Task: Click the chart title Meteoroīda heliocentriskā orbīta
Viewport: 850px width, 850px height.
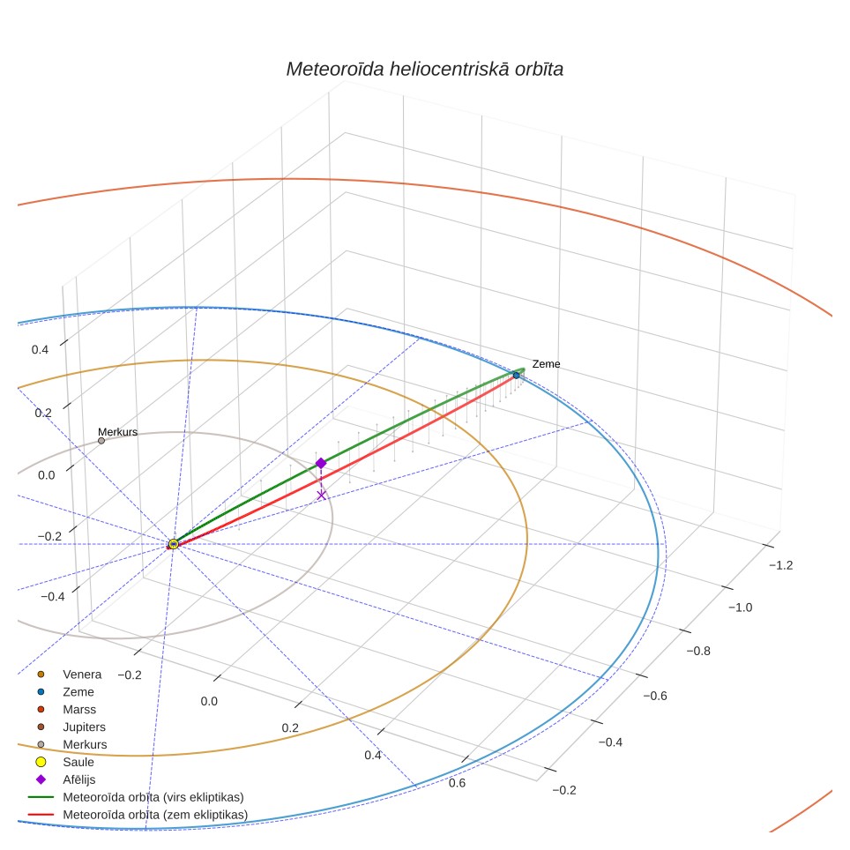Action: pos(424,70)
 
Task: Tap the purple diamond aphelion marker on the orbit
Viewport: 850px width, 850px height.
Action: pos(321,463)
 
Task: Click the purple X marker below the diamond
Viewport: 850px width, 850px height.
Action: pos(322,495)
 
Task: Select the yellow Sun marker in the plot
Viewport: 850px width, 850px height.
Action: pos(174,544)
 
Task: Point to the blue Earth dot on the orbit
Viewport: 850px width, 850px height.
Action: pos(516,375)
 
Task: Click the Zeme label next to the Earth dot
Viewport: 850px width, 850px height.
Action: pos(546,364)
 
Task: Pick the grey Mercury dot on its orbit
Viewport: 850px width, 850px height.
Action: pos(101,441)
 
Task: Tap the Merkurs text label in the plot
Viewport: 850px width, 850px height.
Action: pos(117,432)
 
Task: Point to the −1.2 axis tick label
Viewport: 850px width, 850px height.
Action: pos(780,565)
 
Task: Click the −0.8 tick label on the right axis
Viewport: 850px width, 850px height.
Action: pos(698,651)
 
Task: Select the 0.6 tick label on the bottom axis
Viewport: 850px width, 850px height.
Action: pos(457,783)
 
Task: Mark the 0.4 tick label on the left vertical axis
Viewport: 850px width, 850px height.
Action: pos(40,350)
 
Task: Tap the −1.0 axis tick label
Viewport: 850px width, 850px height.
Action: pos(740,608)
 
